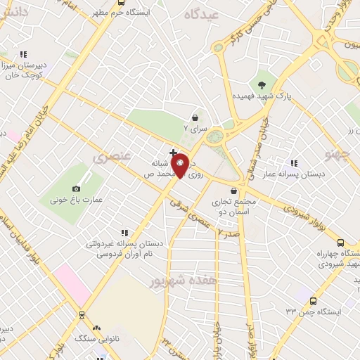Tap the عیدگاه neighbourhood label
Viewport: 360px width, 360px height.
click(x=202, y=14)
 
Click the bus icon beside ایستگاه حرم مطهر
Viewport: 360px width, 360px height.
click(x=122, y=4)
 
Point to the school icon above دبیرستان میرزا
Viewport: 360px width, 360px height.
click(x=23, y=53)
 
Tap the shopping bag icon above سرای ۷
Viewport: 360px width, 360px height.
click(x=195, y=118)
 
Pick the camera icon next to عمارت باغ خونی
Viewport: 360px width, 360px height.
click(x=77, y=188)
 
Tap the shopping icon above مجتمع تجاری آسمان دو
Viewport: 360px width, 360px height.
click(x=233, y=191)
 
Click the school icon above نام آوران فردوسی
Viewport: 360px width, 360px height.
click(x=124, y=232)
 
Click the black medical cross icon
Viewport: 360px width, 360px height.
click(x=173, y=152)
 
